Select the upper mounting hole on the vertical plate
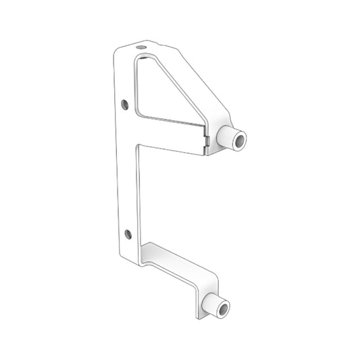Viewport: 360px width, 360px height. (124, 105)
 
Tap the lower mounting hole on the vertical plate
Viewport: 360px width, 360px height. (128, 234)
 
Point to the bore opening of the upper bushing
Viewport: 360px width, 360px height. (240, 140)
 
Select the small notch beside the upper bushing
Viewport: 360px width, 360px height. (208, 139)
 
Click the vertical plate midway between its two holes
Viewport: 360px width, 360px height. (126, 169)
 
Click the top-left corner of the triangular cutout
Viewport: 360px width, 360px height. (137, 59)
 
